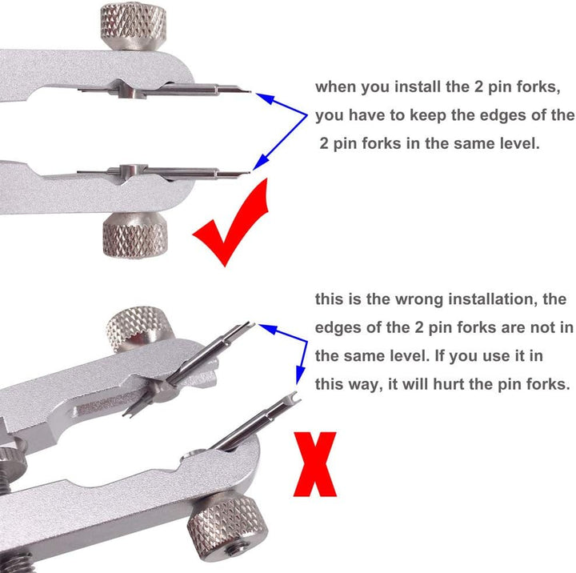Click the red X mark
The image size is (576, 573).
[315, 464]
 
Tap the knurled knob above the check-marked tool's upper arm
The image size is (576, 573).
[133, 26]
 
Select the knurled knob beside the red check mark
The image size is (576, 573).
[135, 234]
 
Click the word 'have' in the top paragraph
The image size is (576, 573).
[365, 115]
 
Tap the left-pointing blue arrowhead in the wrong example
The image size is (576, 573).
[267, 328]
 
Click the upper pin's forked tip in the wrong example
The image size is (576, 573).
[249, 325]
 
